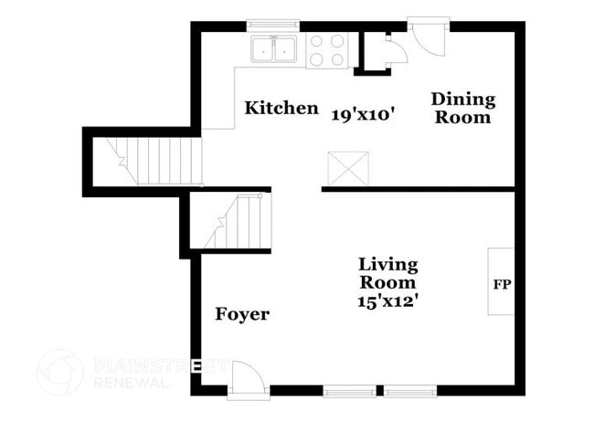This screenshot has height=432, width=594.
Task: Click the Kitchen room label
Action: (x=281, y=109)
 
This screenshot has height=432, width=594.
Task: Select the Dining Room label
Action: (x=462, y=108)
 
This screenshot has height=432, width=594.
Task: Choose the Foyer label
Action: (x=242, y=314)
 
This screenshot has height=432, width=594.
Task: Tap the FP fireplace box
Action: (x=502, y=282)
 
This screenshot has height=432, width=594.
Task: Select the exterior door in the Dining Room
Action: (x=427, y=36)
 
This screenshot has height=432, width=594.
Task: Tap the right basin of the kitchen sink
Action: (x=287, y=49)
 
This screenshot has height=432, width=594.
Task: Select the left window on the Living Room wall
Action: (x=348, y=391)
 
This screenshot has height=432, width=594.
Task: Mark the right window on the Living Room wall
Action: (x=410, y=391)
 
